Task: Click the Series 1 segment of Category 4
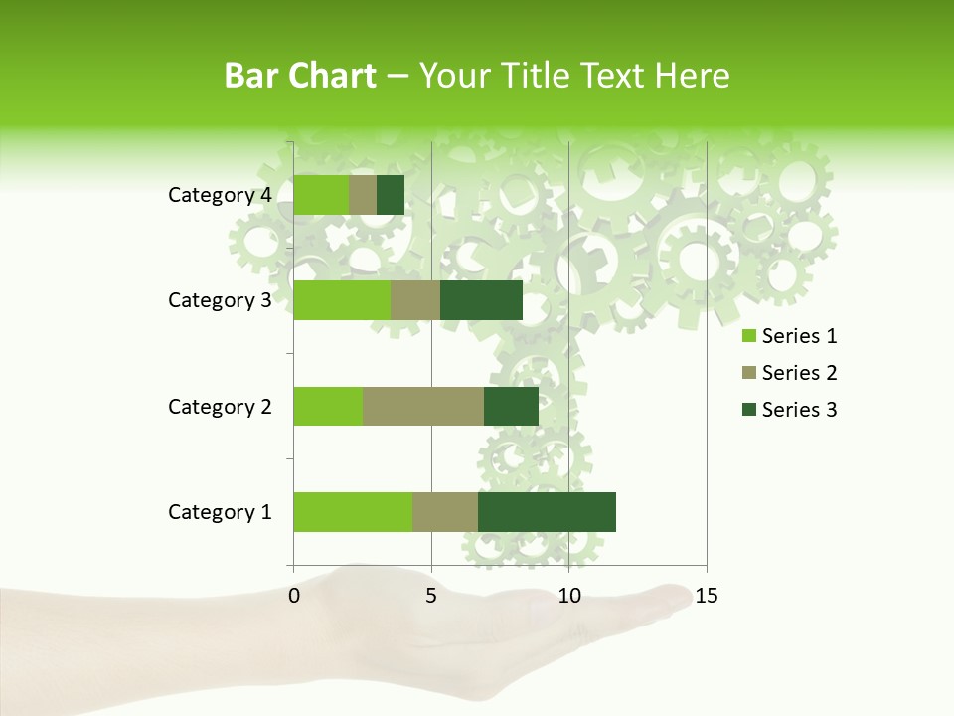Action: coord(321,195)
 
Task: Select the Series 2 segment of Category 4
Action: coord(363,195)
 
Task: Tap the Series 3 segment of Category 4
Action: coord(391,195)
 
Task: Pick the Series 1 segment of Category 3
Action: coord(342,300)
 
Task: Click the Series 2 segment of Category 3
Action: coord(415,300)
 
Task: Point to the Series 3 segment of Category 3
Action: coord(481,300)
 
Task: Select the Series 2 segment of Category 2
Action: coord(423,406)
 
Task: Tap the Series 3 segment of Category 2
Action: coord(511,406)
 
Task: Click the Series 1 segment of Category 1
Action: coord(353,512)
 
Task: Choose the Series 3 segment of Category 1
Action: coord(547,512)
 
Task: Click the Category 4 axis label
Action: coord(220,195)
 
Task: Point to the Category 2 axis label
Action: coord(220,407)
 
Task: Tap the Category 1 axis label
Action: coord(220,512)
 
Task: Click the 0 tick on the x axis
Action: coord(294,596)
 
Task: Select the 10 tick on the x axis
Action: coord(568,596)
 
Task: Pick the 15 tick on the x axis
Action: coord(707,596)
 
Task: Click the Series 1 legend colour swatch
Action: coord(749,336)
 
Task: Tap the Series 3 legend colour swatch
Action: coord(749,410)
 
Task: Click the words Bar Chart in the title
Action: coord(299,76)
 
